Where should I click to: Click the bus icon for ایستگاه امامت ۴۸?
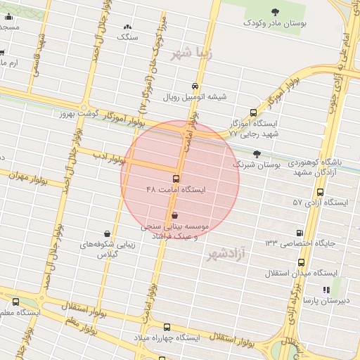(x=175, y=179)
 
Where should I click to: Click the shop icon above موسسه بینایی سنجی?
(x=174, y=215)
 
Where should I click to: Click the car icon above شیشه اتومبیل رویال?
(x=195, y=86)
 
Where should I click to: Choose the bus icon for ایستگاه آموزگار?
(x=254, y=112)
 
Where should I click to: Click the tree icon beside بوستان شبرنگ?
(x=257, y=153)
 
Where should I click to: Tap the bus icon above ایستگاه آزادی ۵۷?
(x=321, y=191)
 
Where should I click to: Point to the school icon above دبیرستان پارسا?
(x=326, y=290)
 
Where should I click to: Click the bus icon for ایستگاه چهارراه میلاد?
(x=167, y=327)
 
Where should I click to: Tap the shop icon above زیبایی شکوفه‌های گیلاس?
(x=106, y=234)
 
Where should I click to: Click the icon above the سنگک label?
(x=127, y=25)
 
